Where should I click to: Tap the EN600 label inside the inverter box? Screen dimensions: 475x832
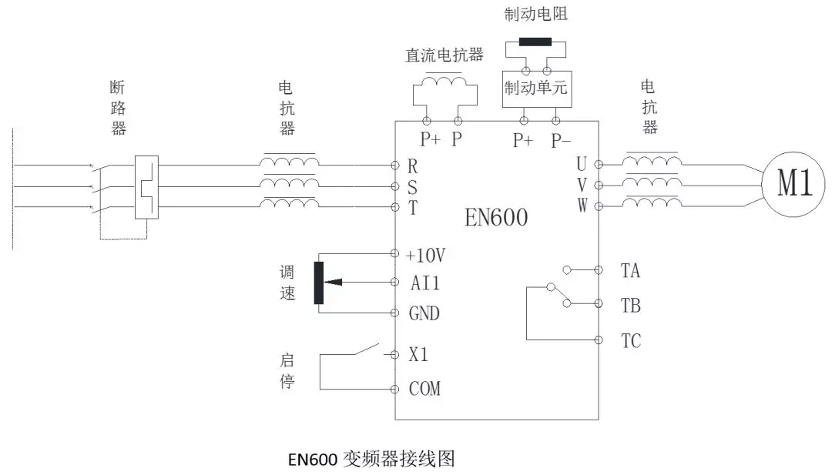pyautogui.click(x=496, y=218)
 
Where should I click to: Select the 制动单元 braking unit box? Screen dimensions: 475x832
pyautogui.click(x=535, y=89)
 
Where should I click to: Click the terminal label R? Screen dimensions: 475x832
pyautogui.click(x=412, y=166)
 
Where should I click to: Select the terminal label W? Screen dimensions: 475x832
pyautogui.click(x=581, y=206)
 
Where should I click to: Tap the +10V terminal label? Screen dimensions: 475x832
pyautogui.click(x=425, y=254)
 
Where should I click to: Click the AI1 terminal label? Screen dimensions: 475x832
pyautogui.click(x=424, y=283)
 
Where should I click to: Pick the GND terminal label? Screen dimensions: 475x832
pyautogui.click(x=424, y=313)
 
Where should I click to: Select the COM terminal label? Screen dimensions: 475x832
pyautogui.click(x=424, y=389)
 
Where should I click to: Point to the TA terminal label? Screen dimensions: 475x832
pyautogui.click(x=630, y=270)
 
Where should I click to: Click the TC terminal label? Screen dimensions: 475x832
pyautogui.click(x=630, y=340)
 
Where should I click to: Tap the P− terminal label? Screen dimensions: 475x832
pyautogui.click(x=561, y=140)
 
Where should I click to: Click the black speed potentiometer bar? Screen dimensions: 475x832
pyautogui.click(x=319, y=283)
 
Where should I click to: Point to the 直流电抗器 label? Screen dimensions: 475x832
pyautogui.click(x=445, y=55)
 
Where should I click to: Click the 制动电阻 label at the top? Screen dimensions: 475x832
pyautogui.click(x=536, y=14)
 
